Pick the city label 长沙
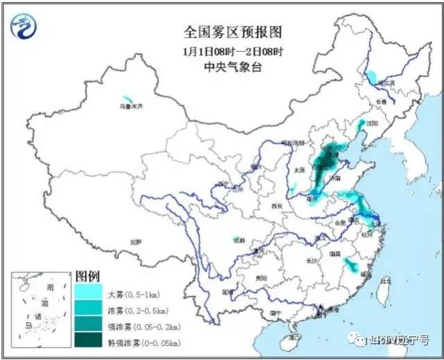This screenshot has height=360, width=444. click(311, 261)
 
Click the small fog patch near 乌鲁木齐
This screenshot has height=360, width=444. click(126, 99)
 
